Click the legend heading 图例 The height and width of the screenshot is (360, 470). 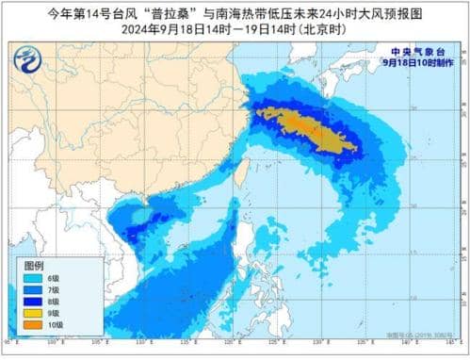point(34,266)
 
